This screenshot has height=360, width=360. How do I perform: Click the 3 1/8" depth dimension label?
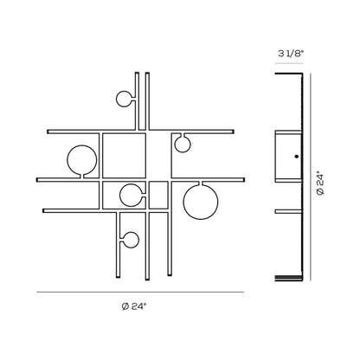(x=291, y=54)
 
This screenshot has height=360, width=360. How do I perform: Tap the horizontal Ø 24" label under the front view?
(x=134, y=306)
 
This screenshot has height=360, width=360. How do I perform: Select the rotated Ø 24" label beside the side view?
(x=320, y=183)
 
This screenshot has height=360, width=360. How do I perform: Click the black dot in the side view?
(x=296, y=157)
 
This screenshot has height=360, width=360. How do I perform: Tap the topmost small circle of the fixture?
(x=117, y=99)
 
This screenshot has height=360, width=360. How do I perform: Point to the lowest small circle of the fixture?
(x=138, y=240)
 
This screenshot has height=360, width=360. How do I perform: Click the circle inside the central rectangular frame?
(x=120, y=196)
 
